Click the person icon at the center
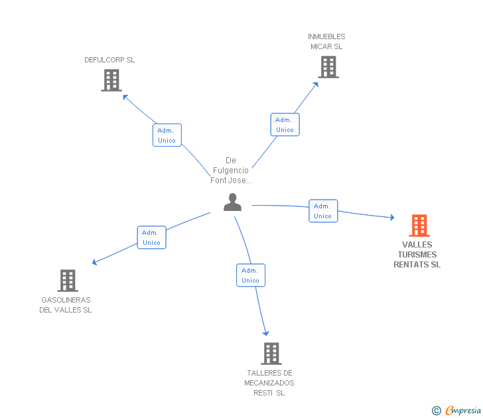tap(233, 202)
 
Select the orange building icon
tap(419, 226)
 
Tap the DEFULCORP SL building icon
tap(111, 80)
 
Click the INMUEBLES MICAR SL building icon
tap(328, 67)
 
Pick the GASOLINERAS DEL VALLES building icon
tap(68, 281)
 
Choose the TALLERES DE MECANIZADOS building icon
tap(271, 354)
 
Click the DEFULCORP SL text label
tap(109, 60)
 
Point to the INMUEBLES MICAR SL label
tap(326, 42)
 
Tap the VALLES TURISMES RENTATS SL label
tap(417, 254)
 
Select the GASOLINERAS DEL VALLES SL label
tap(66, 305)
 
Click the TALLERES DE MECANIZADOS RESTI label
tap(269, 383)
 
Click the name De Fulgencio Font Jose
tap(231, 171)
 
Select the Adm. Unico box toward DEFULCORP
tap(167, 135)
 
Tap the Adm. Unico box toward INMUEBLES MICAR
tap(285, 125)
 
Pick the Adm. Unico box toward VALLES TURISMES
tap(323, 211)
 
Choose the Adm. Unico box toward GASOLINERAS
tap(151, 237)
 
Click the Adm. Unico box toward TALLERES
tap(251, 275)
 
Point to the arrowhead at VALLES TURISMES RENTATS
tap(392, 218)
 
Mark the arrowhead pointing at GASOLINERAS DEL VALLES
tap(95, 262)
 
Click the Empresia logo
tap(456, 411)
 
